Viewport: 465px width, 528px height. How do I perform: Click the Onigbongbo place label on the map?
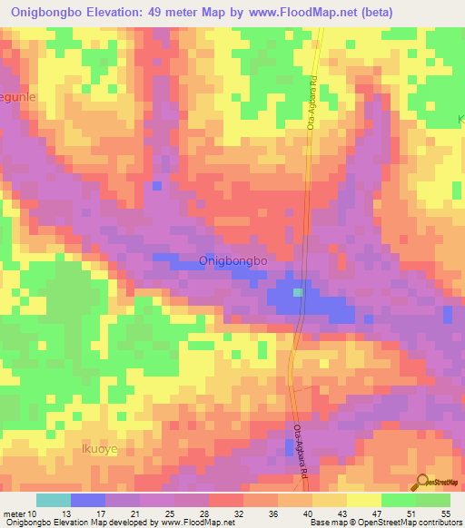pos(232,261)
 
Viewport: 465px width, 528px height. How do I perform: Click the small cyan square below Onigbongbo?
pos(298,292)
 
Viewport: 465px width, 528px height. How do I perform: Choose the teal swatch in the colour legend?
pos(54,500)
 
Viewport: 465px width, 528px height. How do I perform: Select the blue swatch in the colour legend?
pos(88,500)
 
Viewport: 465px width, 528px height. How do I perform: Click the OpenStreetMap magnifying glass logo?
pos(421,482)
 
